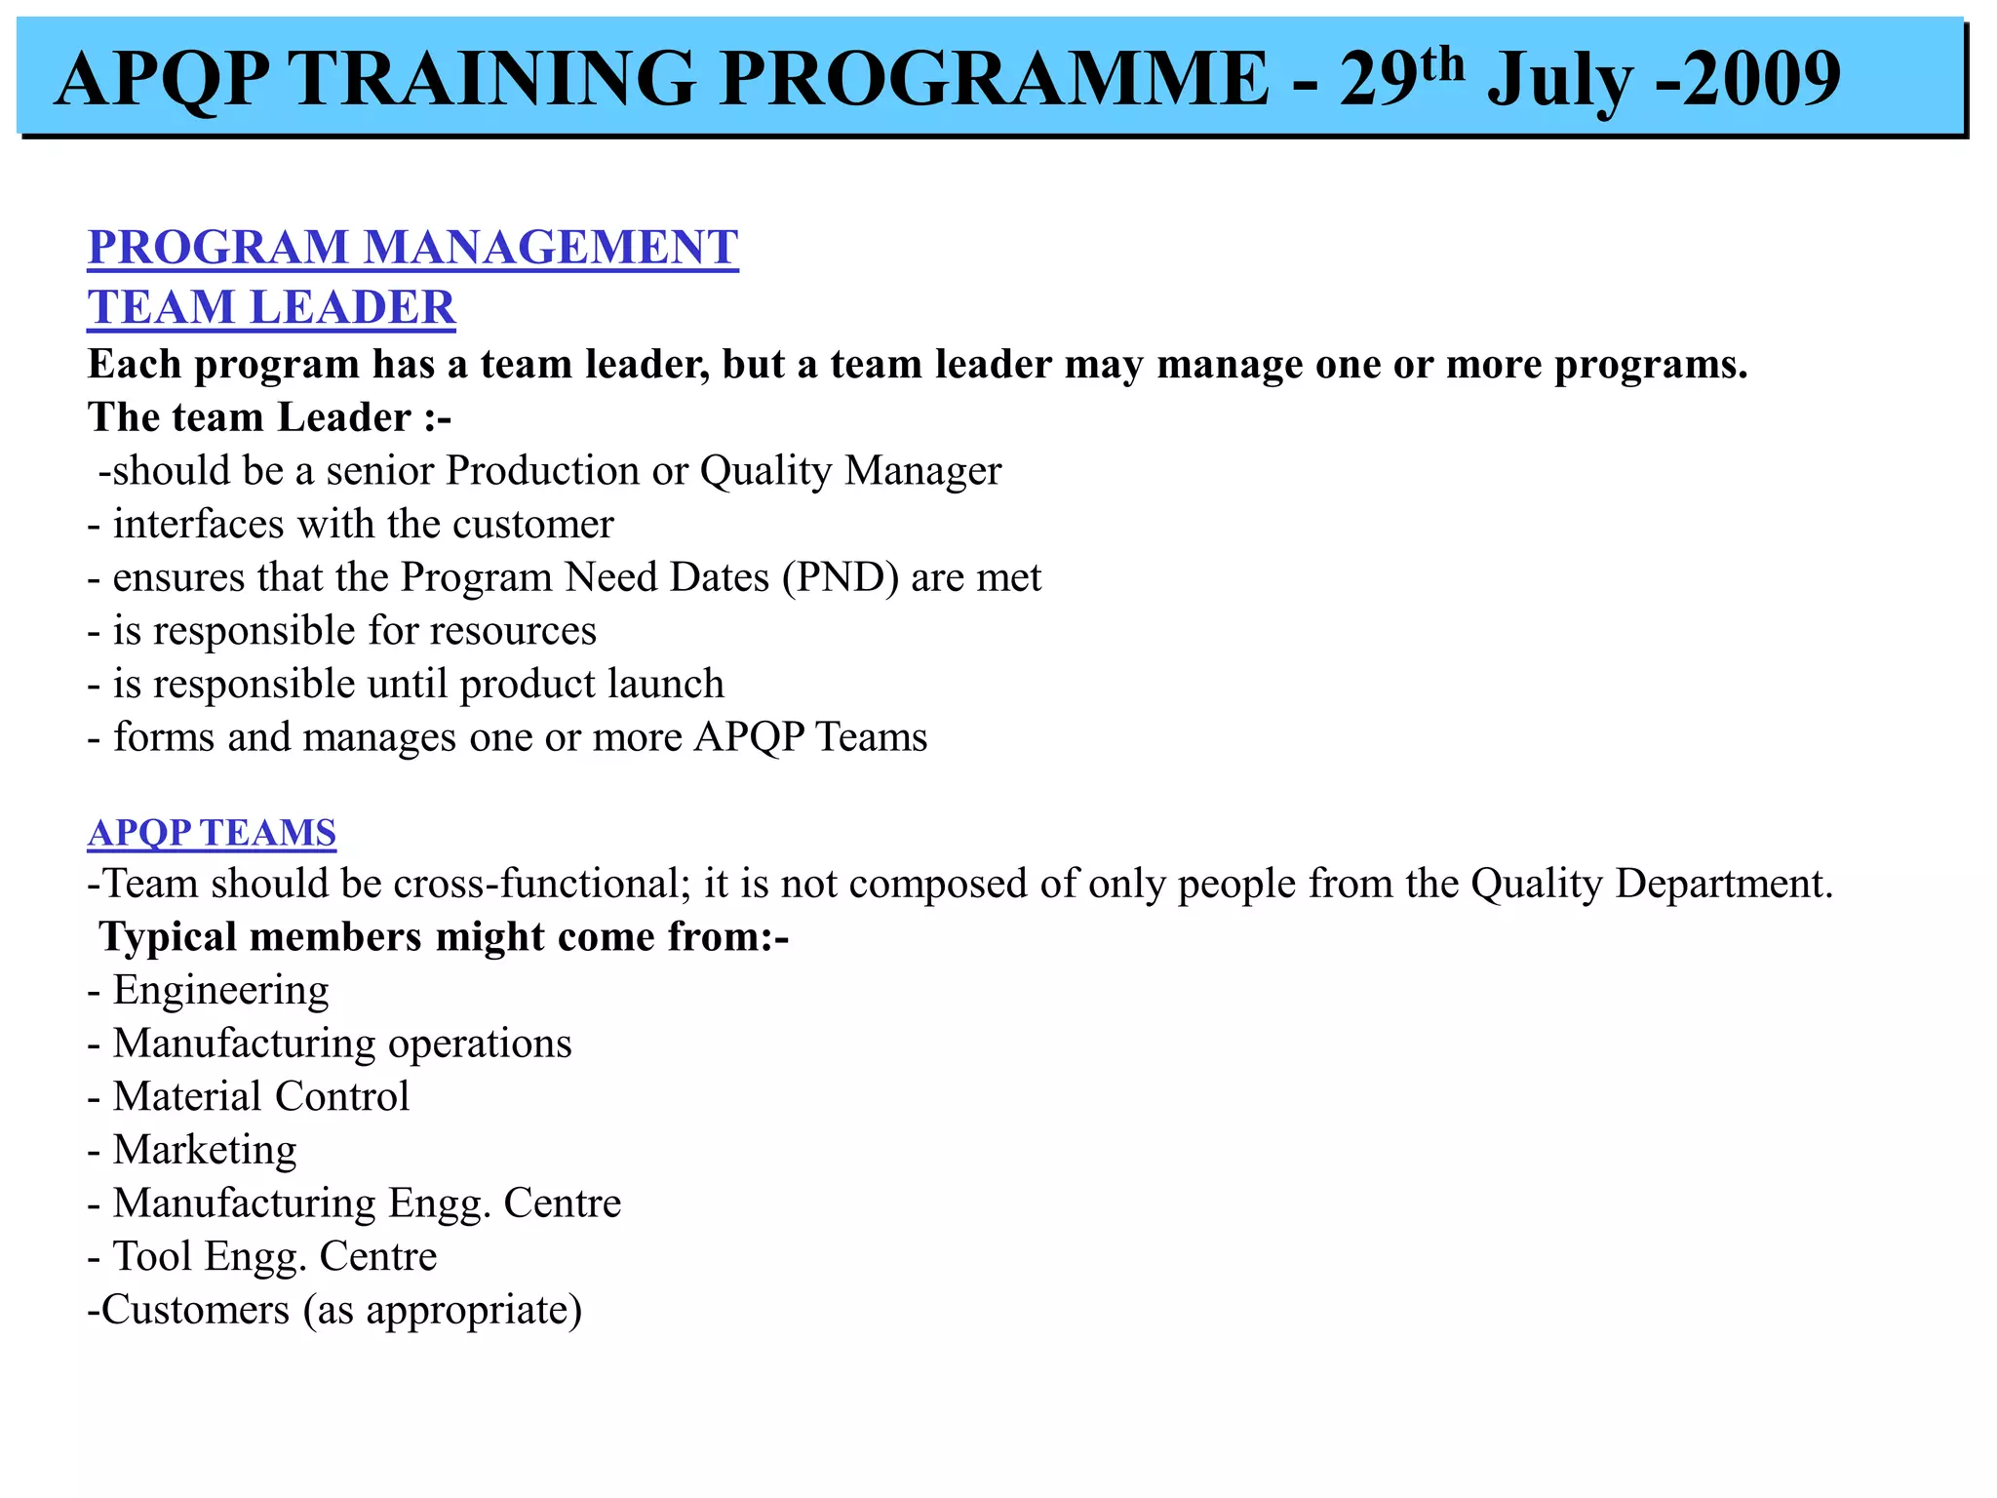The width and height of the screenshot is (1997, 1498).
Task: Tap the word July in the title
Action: pos(1559,81)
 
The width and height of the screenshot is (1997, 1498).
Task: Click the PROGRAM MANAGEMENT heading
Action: pos(412,247)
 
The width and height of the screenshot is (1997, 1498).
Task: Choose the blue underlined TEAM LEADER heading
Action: pos(271,307)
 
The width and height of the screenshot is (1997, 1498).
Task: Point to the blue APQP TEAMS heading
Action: pos(212,833)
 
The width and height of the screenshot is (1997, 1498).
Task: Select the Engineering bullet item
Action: pos(220,991)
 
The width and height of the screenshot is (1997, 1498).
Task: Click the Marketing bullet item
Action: pos(205,1150)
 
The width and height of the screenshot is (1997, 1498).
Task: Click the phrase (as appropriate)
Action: pos(443,1310)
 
